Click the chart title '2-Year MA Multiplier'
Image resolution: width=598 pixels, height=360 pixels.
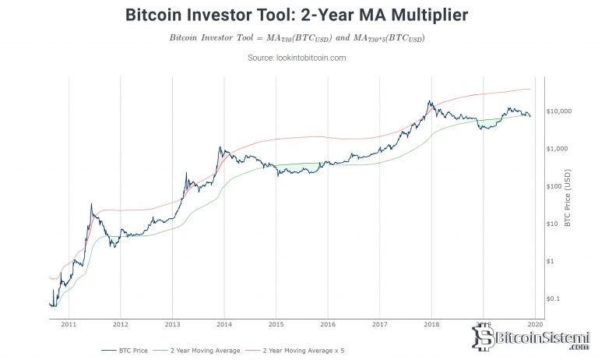pos(298,15)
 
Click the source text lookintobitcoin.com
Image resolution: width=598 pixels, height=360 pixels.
pos(298,58)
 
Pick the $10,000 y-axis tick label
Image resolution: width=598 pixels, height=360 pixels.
pos(560,111)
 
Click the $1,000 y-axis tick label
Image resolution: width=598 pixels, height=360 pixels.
pos(558,149)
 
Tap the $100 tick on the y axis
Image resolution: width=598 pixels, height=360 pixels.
pos(555,186)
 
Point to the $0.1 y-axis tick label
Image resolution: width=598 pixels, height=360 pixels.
pos(555,298)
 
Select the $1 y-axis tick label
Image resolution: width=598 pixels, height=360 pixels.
pos(552,261)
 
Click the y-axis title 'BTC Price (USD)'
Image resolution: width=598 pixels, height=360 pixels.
pos(568,199)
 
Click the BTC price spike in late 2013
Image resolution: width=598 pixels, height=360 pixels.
pos(220,146)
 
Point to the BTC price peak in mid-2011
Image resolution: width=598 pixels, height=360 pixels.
pos(92,204)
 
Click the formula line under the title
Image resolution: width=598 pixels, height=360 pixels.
pos(298,37)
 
